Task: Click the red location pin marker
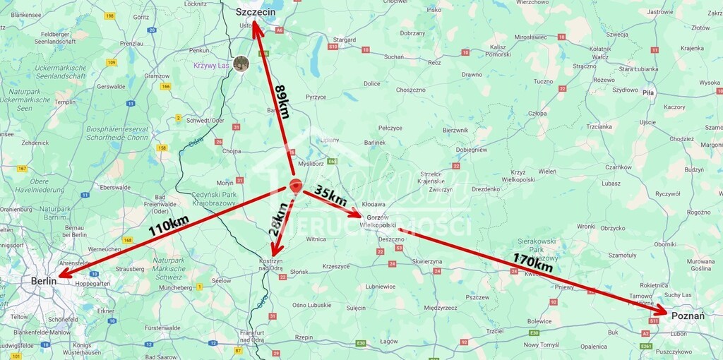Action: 296,186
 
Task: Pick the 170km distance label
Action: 533,263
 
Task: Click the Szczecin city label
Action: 255,12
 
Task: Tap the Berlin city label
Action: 44,281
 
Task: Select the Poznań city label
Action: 688,316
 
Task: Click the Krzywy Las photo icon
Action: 241,64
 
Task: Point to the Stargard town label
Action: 345,40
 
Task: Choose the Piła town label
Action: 649,92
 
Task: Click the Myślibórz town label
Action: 310,162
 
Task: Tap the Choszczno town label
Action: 410,90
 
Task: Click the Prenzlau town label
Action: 131,43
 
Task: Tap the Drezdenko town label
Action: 486,188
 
